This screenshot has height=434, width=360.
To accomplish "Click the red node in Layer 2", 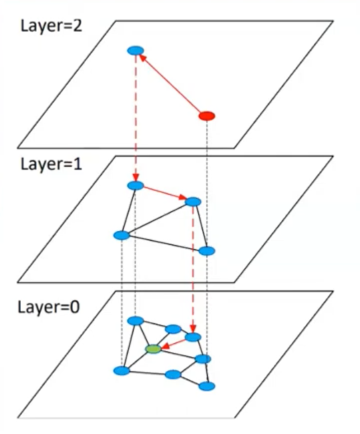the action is [207, 116].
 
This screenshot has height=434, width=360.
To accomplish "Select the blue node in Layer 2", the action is [136, 51].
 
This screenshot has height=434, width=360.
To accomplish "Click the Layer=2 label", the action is [51, 26].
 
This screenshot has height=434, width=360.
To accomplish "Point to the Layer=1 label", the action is [51, 164].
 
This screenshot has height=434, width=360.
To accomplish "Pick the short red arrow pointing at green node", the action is [174, 344].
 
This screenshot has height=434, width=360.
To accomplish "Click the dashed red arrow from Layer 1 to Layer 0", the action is [193, 267].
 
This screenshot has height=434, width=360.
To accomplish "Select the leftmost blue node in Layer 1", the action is [122, 235].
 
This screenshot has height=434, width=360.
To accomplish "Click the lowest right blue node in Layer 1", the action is [207, 251].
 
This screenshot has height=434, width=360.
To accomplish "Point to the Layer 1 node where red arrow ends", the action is [193, 202].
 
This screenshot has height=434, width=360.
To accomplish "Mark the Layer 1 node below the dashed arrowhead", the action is [136, 186].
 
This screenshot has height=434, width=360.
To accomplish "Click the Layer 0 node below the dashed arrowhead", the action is [193, 337].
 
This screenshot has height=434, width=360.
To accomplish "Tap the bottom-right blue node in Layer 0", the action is [207, 386].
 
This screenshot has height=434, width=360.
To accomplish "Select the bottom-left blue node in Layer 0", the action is [122, 371].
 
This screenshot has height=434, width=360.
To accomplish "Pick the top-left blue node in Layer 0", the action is [136, 321].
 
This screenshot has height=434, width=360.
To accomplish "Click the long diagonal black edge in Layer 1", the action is [157, 219].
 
